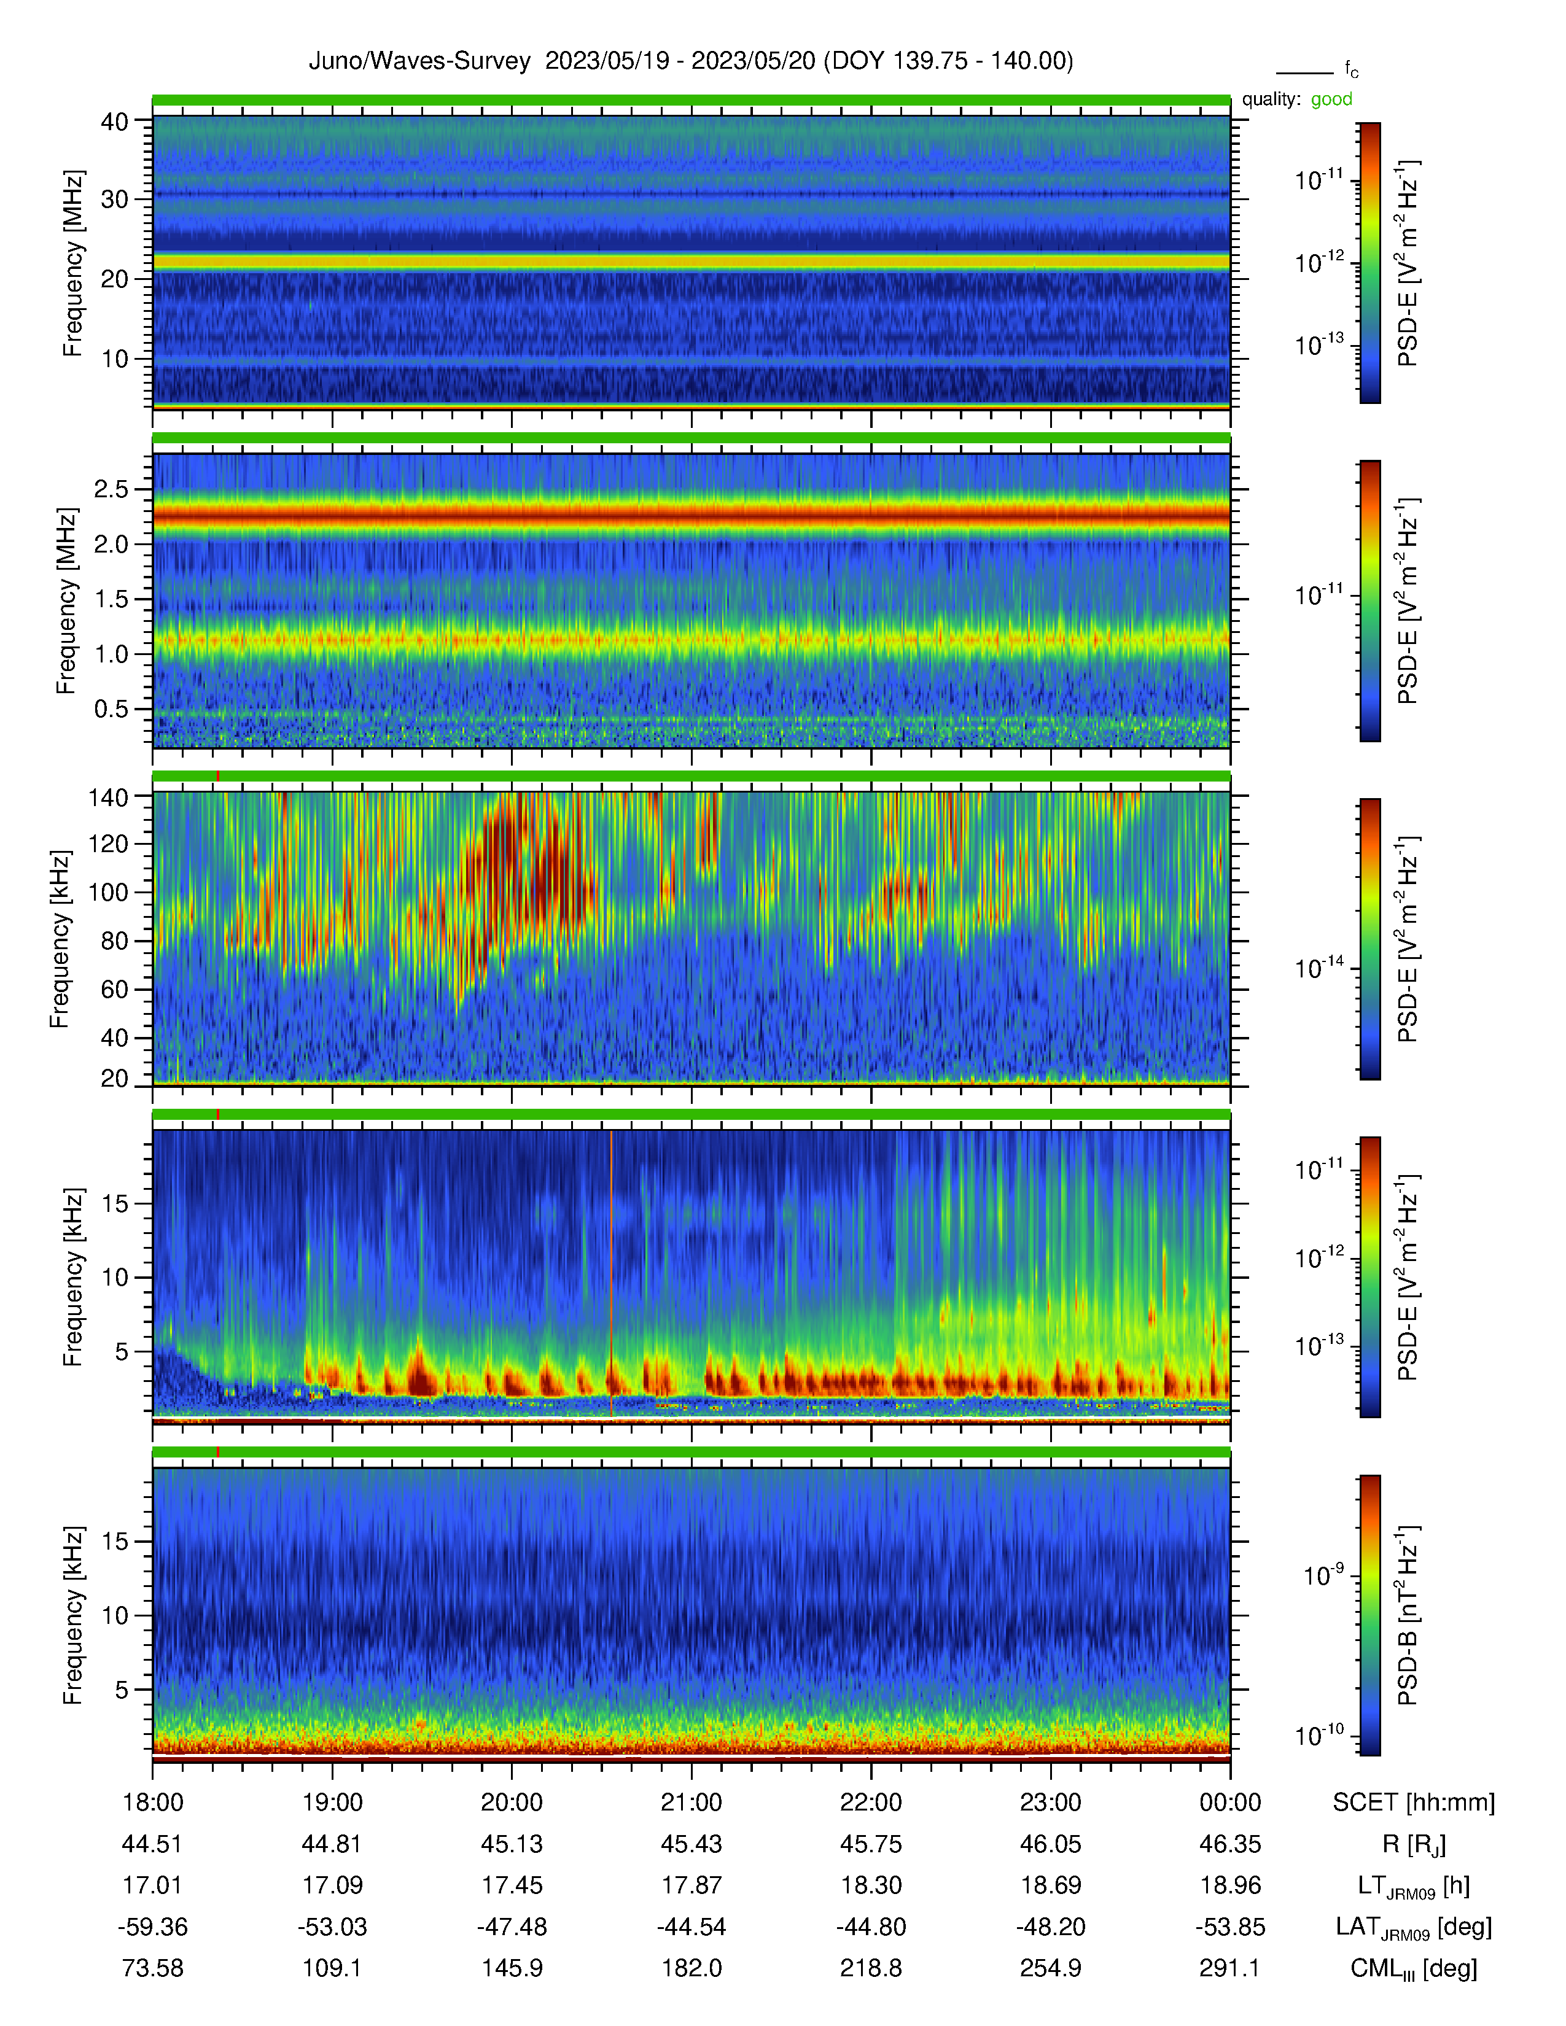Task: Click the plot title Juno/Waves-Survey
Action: [419, 61]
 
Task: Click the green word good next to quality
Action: [1331, 99]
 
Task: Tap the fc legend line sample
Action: [1304, 72]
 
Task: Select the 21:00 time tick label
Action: [691, 1803]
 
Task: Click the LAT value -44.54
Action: [691, 1927]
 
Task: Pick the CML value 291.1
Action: [1230, 1968]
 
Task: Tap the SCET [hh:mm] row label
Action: [1414, 1803]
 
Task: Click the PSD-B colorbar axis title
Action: [1408, 1616]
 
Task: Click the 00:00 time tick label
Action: [1230, 1803]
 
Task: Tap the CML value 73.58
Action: [152, 1968]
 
